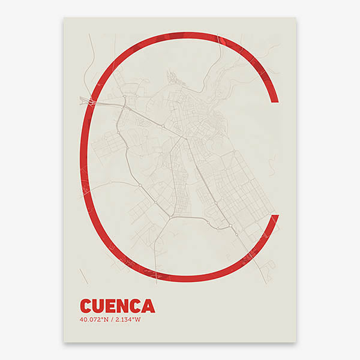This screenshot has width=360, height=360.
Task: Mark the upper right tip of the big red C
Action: [274, 99]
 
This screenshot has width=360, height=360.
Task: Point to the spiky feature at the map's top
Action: [172, 76]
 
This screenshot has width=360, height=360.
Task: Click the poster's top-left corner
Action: [64, 17]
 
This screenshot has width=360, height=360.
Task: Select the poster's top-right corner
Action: [296, 17]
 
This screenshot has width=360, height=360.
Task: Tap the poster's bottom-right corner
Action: [296, 343]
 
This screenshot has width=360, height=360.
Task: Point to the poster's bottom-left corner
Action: [64, 343]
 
